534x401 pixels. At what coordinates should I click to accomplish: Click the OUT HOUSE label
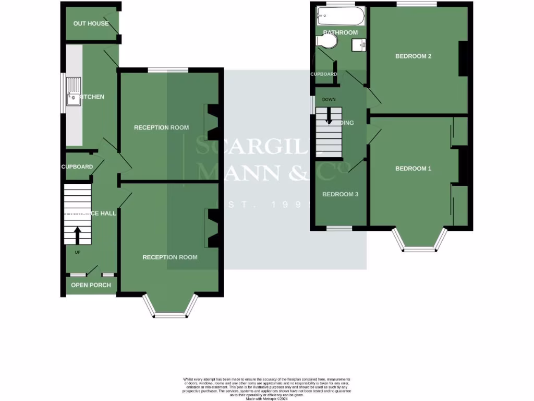point(91,23)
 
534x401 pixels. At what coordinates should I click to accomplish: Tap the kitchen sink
point(73,91)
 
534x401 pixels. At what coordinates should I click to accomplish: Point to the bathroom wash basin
point(358,46)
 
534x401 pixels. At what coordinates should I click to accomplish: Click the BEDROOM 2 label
point(413,56)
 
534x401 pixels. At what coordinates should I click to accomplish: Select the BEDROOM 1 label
point(413,169)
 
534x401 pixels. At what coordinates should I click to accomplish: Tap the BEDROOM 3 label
point(340,194)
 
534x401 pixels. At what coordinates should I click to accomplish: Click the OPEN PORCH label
point(91,285)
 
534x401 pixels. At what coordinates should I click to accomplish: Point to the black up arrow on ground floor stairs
point(77,235)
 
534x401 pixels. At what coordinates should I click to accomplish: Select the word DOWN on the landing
point(329,99)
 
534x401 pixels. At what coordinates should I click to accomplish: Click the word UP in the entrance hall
point(77,253)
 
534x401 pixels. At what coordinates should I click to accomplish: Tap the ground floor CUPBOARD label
point(77,167)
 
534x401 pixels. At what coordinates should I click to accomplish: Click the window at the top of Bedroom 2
point(416,5)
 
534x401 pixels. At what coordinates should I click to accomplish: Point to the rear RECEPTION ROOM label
point(161,127)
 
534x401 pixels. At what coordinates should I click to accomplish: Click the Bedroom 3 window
point(339,229)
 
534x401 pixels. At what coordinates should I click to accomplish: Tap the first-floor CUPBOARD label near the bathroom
point(324,74)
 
